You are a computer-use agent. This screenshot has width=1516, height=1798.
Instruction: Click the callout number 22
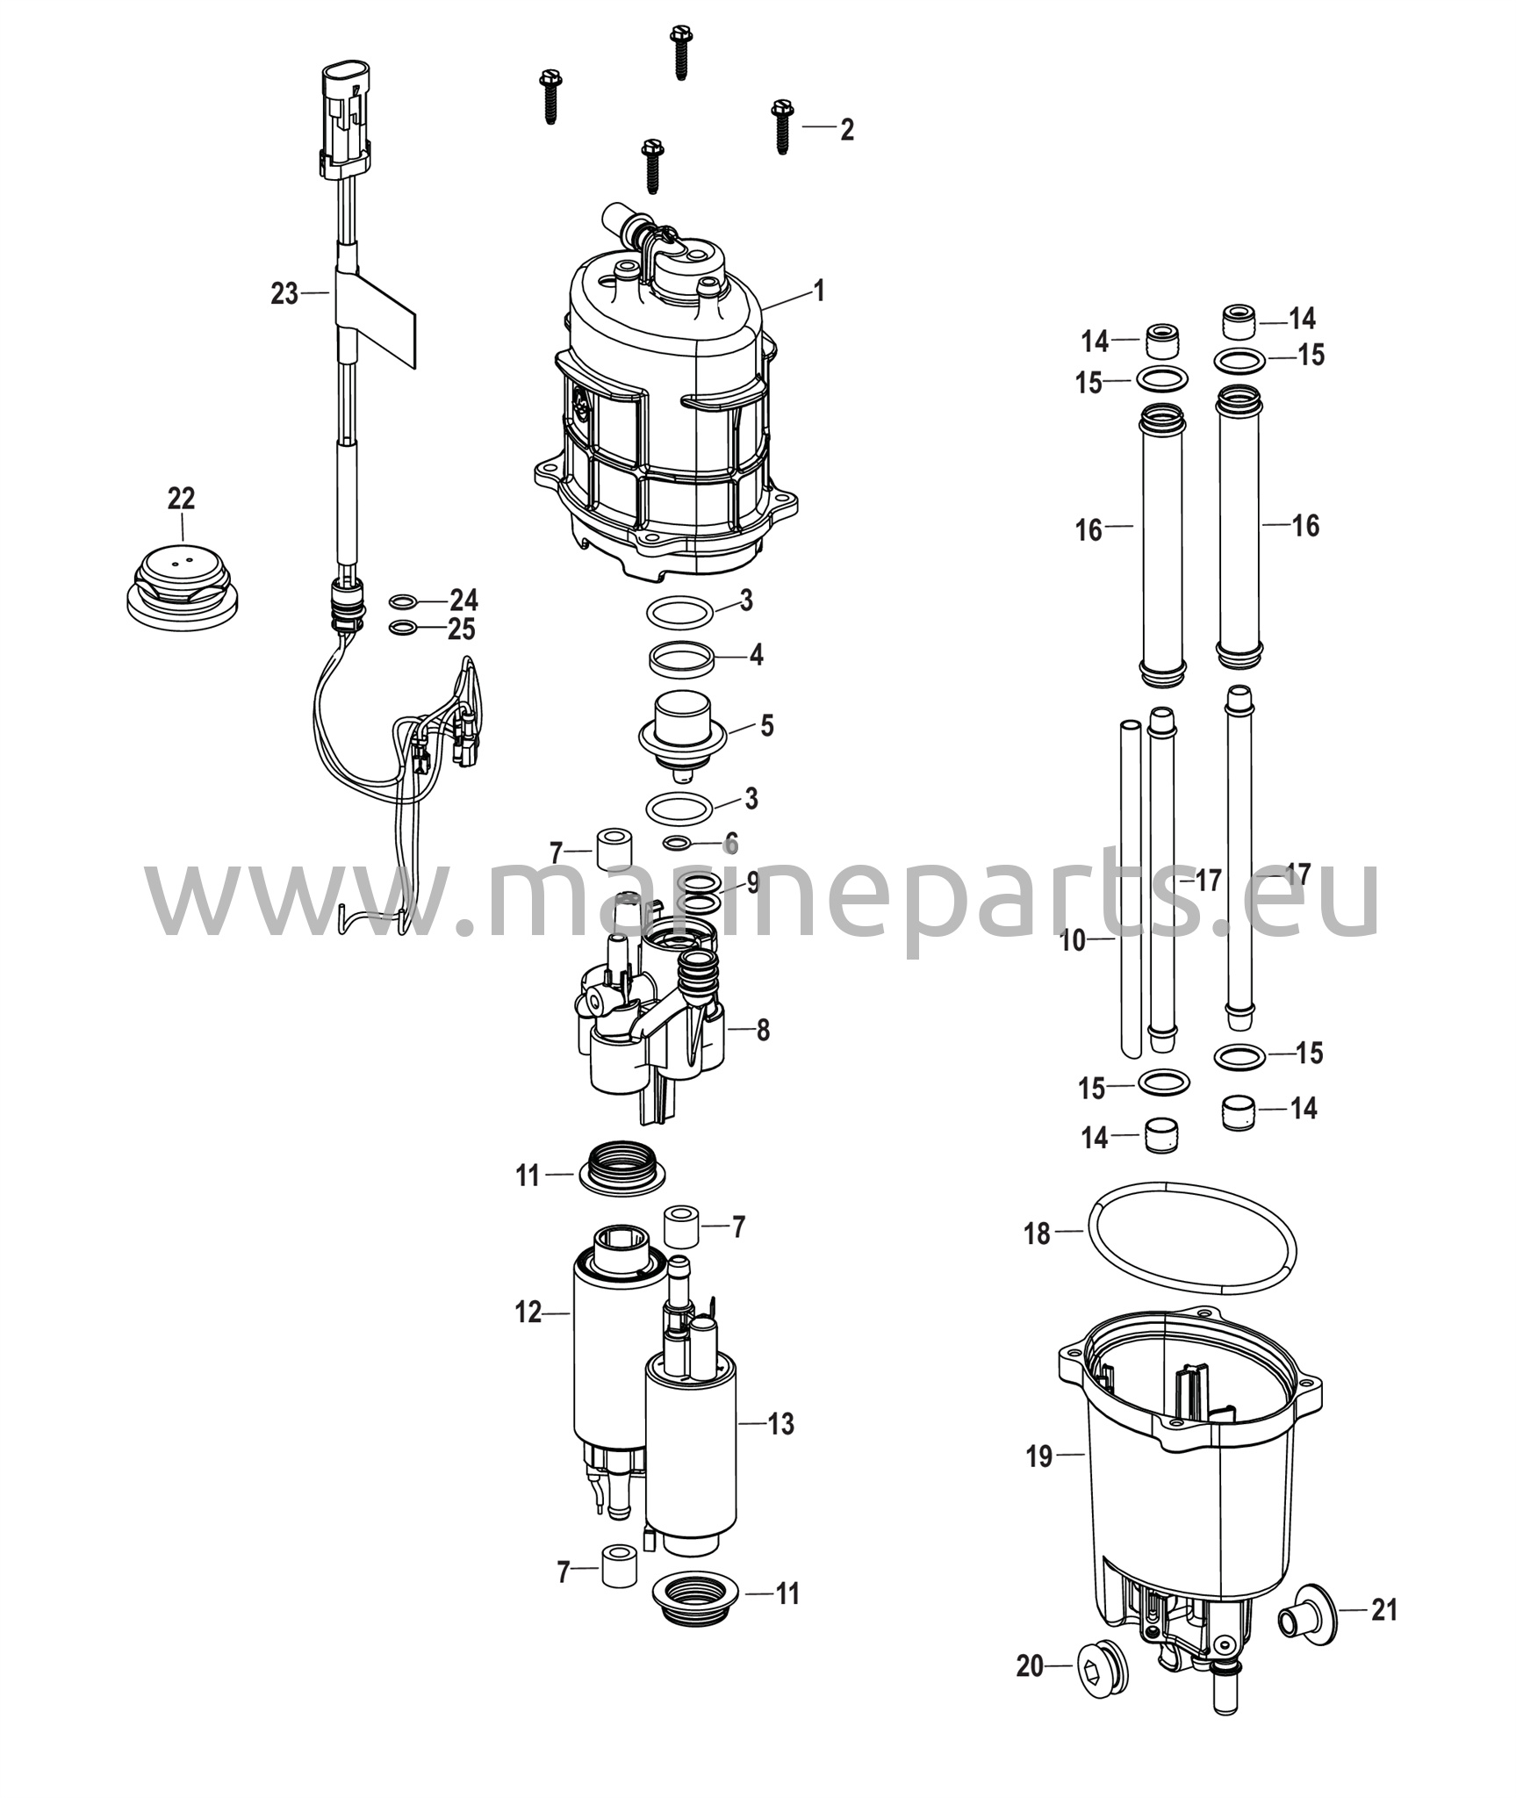(x=181, y=499)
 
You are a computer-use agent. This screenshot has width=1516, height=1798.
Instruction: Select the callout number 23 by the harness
(x=284, y=293)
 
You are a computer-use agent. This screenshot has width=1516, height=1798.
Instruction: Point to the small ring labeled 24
(x=403, y=601)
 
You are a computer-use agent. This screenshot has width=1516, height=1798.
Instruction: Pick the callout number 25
(x=462, y=629)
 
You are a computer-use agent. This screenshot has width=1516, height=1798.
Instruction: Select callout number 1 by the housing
(x=818, y=291)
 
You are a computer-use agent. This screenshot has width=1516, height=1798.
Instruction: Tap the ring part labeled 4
(x=681, y=658)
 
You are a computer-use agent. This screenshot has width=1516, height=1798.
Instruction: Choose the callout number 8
(x=763, y=1030)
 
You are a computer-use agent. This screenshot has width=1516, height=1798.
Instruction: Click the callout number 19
(x=1039, y=1456)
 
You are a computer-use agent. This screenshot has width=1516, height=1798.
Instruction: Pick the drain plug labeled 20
(x=1105, y=1666)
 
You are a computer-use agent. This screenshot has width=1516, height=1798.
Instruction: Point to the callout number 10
(x=1073, y=941)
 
